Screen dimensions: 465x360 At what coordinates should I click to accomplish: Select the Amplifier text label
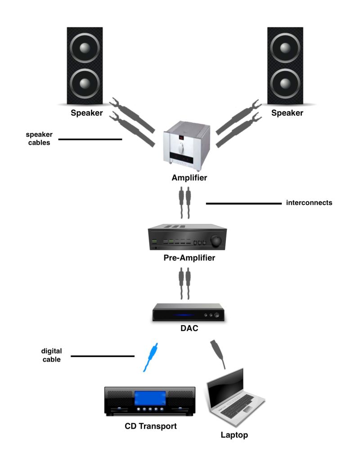pyautogui.click(x=189, y=178)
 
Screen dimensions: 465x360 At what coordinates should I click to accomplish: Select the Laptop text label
pyautogui.click(x=234, y=435)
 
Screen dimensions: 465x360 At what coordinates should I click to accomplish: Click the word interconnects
pyautogui.click(x=309, y=203)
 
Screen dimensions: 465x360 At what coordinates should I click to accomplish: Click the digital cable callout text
pyautogui.click(x=51, y=355)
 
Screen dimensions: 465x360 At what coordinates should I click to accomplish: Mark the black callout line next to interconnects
pyautogui.click(x=243, y=204)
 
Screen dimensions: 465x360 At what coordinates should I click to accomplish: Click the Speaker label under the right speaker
pyautogui.click(x=287, y=113)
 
